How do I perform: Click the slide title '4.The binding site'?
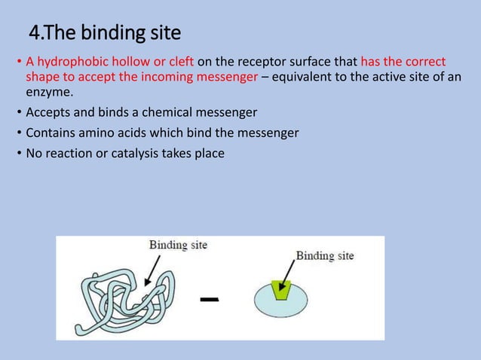[105, 33]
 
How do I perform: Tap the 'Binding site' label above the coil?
[178, 245]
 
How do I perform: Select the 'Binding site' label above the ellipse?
[324, 255]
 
